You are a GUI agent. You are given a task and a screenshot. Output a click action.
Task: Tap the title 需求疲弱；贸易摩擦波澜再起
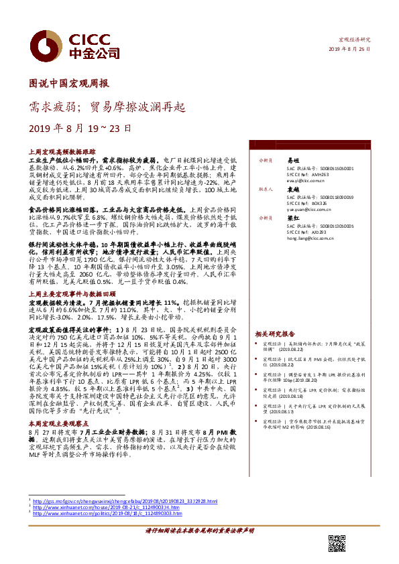[x=107, y=106]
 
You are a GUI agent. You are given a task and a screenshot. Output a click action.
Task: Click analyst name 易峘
[x=293, y=161]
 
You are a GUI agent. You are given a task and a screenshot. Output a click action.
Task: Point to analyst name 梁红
[x=293, y=218]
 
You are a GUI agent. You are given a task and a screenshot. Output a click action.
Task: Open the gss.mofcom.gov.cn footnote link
[x=127, y=501]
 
